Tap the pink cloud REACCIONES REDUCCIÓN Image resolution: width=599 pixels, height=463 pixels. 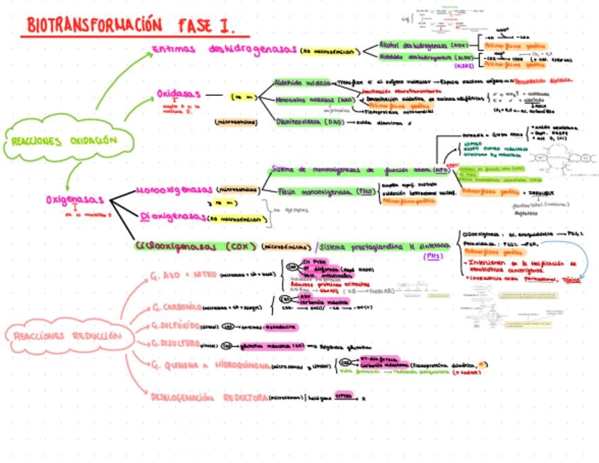pos(66,336)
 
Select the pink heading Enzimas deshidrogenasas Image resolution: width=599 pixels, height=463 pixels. pos(225,49)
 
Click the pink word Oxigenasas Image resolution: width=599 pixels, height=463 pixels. pos(75,200)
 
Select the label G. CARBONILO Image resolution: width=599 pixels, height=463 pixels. pos(177,308)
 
